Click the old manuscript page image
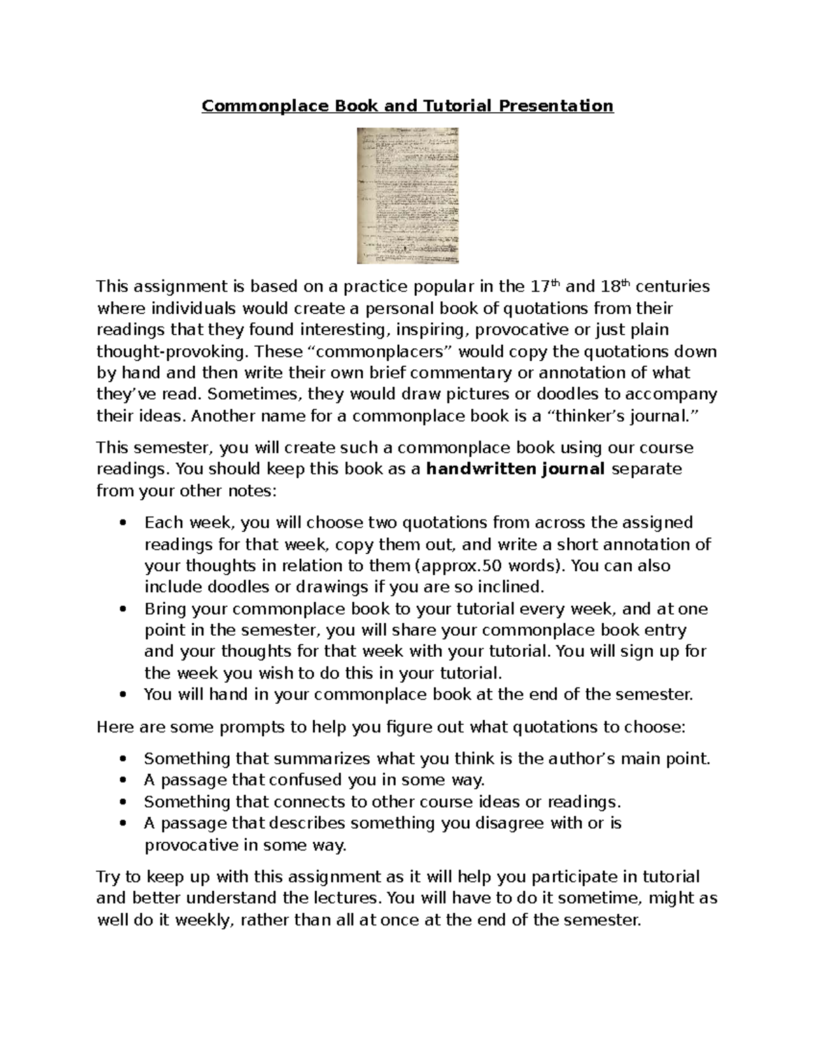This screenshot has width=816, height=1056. coord(407,195)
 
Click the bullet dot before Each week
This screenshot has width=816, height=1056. coord(122,523)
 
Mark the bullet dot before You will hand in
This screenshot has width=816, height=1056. coord(122,695)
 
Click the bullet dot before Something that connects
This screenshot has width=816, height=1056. coord(122,802)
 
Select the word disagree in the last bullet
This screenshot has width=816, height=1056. coord(497,823)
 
